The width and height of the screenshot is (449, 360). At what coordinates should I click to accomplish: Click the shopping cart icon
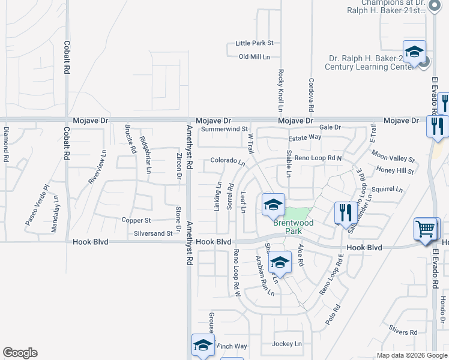click(426, 229)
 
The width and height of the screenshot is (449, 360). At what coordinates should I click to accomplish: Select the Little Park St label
click(254, 43)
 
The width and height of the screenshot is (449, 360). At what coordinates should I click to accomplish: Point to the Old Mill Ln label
click(254, 57)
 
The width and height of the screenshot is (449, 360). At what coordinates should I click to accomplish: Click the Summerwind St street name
click(224, 129)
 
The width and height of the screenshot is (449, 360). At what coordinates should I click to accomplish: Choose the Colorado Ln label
click(228, 161)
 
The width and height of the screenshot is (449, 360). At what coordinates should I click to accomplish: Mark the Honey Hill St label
click(396, 171)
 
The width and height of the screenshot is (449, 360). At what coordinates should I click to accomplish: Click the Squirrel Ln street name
click(387, 189)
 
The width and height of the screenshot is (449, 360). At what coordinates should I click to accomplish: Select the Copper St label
click(136, 221)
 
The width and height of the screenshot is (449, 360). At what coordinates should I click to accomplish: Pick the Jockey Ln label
click(286, 344)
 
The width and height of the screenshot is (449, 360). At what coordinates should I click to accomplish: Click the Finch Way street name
click(232, 346)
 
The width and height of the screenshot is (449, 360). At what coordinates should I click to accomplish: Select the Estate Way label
click(304, 138)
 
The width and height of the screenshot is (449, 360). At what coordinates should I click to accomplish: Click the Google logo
click(20, 353)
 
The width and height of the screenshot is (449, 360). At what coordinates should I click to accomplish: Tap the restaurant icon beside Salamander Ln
click(345, 213)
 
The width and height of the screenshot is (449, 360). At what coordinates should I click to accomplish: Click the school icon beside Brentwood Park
click(273, 205)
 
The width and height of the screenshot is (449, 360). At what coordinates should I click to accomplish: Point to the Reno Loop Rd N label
click(318, 158)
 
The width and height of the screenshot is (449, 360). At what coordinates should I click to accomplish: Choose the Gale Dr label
click(330, 127)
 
